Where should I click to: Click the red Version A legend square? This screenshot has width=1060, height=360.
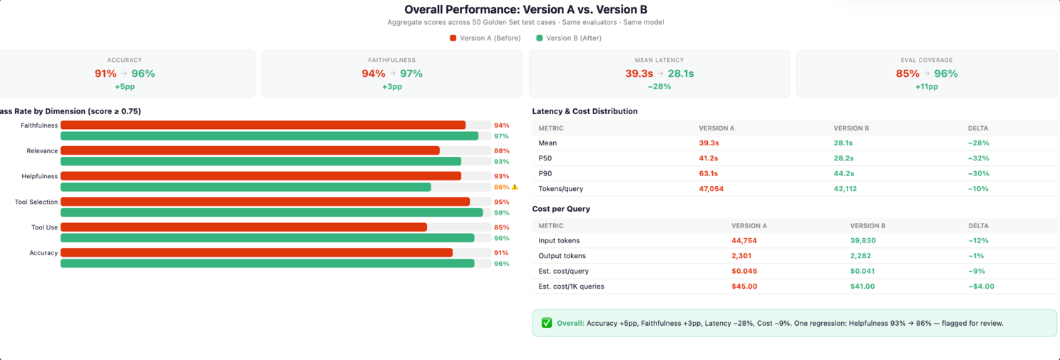pos(453,38)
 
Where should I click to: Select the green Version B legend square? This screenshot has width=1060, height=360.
pos(539,38)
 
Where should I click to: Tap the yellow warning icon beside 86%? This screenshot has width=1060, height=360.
pos(515,187)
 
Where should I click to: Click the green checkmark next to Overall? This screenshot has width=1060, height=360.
pos(547,323)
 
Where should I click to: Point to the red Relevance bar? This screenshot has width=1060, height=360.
pos(250,150)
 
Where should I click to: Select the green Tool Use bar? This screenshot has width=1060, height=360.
pos(267,238)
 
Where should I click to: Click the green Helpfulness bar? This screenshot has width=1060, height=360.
pos(246,187)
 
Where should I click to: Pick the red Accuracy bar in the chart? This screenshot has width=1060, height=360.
pos(257,252)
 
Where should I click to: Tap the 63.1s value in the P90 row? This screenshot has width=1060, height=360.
pos(709,173)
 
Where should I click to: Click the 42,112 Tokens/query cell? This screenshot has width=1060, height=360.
pos(845,188)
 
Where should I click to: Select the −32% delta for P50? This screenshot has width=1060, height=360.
pos(978,158)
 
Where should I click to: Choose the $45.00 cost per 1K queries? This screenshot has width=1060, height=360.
pos(744,286)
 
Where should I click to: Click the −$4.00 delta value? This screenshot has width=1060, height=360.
pos(981,286)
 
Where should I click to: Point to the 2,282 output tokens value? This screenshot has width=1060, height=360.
pos(860,255)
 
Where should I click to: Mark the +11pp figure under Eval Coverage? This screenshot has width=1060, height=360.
pos(927,86)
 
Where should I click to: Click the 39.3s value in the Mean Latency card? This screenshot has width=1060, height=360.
pos(639,73)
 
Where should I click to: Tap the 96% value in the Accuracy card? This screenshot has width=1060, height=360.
pos(143,73)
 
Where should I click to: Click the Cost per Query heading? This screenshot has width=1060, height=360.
pos(561,209)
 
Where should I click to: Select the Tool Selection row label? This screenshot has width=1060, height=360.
pos(36,202)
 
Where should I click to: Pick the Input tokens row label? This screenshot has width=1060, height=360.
pos(559,240)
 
